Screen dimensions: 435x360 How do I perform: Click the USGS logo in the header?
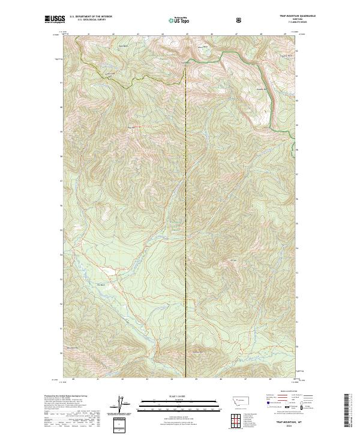pyautogui.click(x=55, y=19)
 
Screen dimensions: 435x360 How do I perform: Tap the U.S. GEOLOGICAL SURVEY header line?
pyautogui.click(x=89, y=20)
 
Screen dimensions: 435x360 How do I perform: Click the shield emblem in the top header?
pyautogui.click(x=239, y=20)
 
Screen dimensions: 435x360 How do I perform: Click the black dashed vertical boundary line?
pyautogui.click(x=187, y=210)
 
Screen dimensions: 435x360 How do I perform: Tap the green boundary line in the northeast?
pyautogui.click(x=270, y=90)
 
